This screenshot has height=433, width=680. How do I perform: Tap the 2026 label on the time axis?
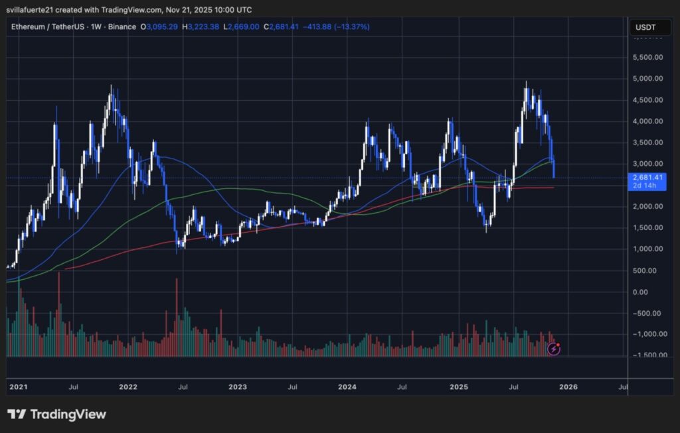(568, 386)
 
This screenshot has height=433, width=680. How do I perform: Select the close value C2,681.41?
(280, 27)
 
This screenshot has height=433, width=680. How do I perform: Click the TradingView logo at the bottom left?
(56, 414)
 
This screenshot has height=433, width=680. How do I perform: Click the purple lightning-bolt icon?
(553, 349)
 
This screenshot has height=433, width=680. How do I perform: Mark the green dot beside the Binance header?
(141, 27)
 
